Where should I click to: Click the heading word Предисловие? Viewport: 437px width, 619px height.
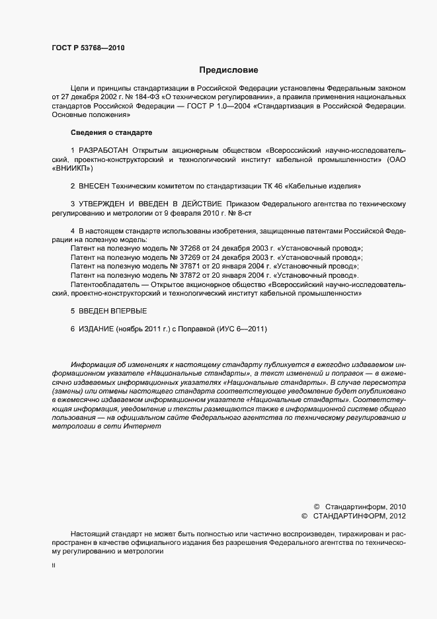tap(229, 70)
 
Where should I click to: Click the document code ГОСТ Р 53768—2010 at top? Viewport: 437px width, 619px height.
tap(88, 48)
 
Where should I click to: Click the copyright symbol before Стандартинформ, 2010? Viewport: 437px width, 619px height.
tap(317, 505)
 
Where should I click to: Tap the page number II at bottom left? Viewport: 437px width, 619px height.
tap(54, 567)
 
